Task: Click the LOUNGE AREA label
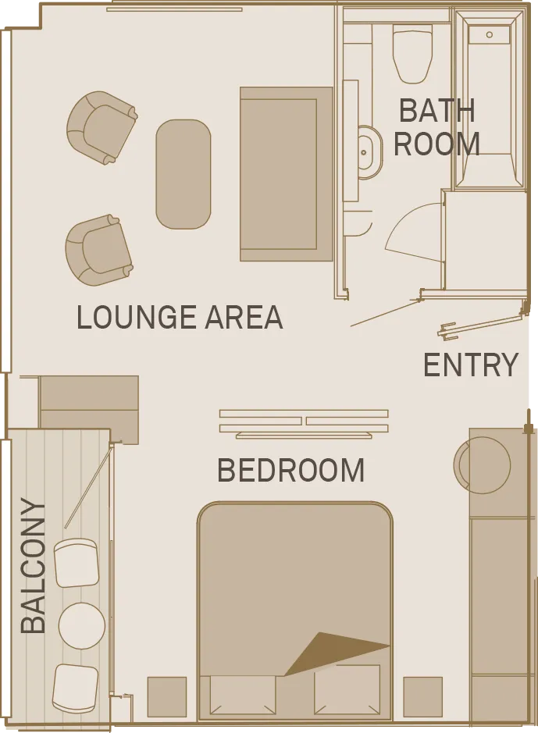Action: click(180, 317)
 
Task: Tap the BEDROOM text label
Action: click(290, 470)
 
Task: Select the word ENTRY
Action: click(471, 365)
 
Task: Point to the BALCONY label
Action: click(34, 566)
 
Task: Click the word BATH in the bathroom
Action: click(436, 111)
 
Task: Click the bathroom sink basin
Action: click(369, 152)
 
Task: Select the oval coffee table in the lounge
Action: click(183, 174)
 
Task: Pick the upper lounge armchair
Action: click(102, 127)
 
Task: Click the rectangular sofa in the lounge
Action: click(286, 174)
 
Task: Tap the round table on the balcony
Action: click(82, 625)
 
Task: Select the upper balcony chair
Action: click(77, 562)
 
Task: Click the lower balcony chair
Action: click(75, 689)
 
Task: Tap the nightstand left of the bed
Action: click(167, 696)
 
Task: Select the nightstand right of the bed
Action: click(423, 696)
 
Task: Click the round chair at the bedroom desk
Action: click(482, 465)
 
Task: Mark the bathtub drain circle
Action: click(490, 34)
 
